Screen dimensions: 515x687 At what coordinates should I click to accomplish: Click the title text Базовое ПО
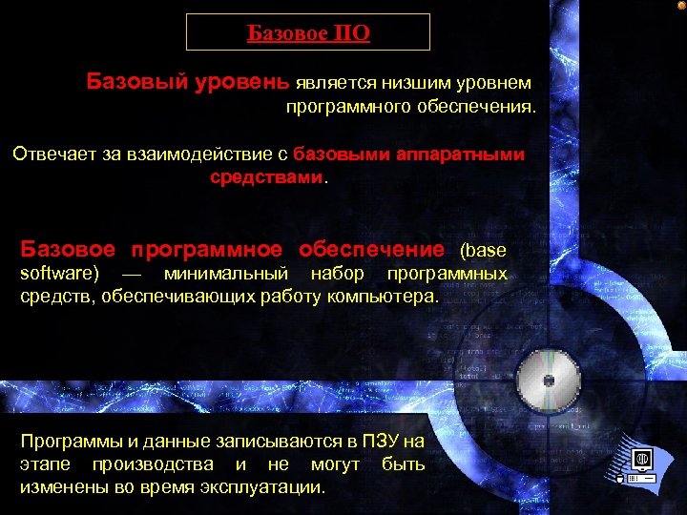point(308,34)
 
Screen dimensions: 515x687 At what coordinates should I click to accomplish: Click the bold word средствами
point(266,177)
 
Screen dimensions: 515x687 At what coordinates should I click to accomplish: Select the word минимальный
point(226,275)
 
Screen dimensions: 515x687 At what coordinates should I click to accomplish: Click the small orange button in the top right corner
point(680,6)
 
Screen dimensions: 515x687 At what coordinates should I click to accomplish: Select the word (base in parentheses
point(483,251)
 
